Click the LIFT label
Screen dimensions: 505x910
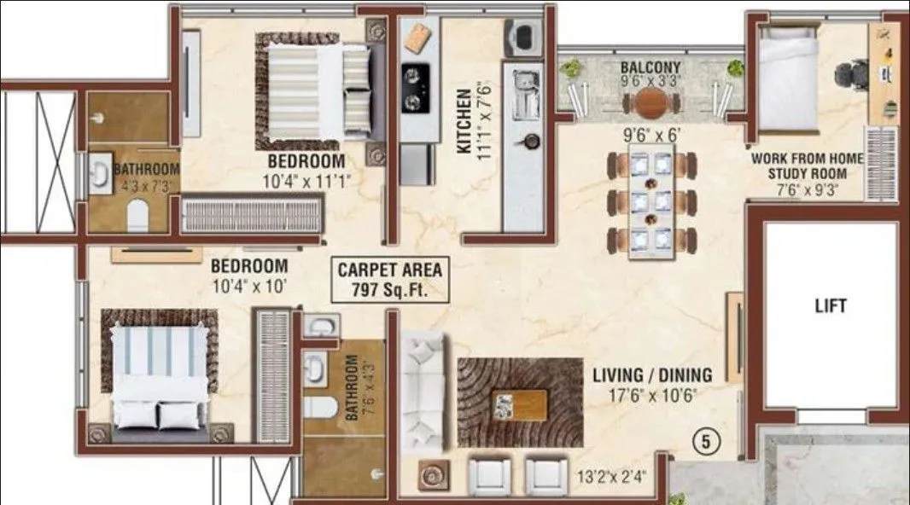830,305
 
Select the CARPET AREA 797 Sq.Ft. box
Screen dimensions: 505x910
390,280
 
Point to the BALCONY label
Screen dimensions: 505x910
650,67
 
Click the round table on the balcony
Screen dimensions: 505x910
652,103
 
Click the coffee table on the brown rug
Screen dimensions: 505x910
520,404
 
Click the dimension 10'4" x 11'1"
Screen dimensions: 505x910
306,179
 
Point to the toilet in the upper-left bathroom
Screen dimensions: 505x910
136,218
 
